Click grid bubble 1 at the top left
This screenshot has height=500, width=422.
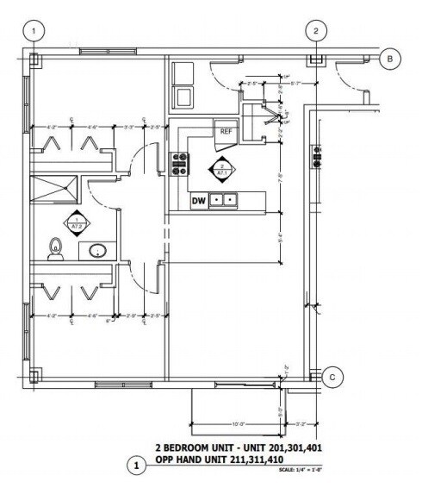[34, 31]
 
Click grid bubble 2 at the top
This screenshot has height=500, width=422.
[316, 31]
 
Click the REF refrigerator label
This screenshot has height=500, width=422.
[226, 132]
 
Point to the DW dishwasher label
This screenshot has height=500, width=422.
[198, 201]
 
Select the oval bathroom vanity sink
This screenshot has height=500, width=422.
[98, 251]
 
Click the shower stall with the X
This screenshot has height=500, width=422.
[54, 187]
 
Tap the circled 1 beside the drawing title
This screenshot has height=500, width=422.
[135, 466]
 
